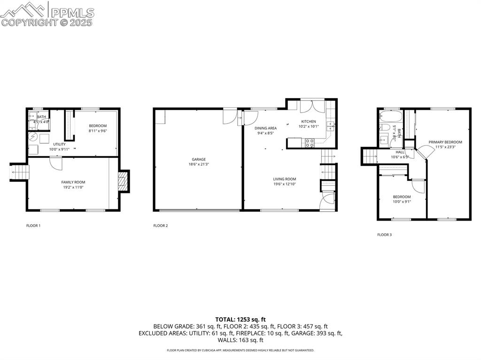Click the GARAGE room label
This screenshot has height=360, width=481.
198,160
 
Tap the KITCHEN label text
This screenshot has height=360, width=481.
309,122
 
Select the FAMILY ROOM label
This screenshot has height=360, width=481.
73,182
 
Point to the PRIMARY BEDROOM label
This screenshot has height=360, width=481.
445,142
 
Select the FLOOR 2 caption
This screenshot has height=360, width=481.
160,226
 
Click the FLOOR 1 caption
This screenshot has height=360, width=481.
33,226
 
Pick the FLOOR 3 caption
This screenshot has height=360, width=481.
384,235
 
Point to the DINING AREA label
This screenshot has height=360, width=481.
265,128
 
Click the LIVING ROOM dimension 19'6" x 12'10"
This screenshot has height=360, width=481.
285,184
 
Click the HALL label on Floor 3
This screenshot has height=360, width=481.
400,152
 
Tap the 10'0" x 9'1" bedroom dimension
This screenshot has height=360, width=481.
402,202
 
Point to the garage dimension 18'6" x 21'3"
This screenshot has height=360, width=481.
198,164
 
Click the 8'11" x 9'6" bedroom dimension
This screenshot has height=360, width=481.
98,131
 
